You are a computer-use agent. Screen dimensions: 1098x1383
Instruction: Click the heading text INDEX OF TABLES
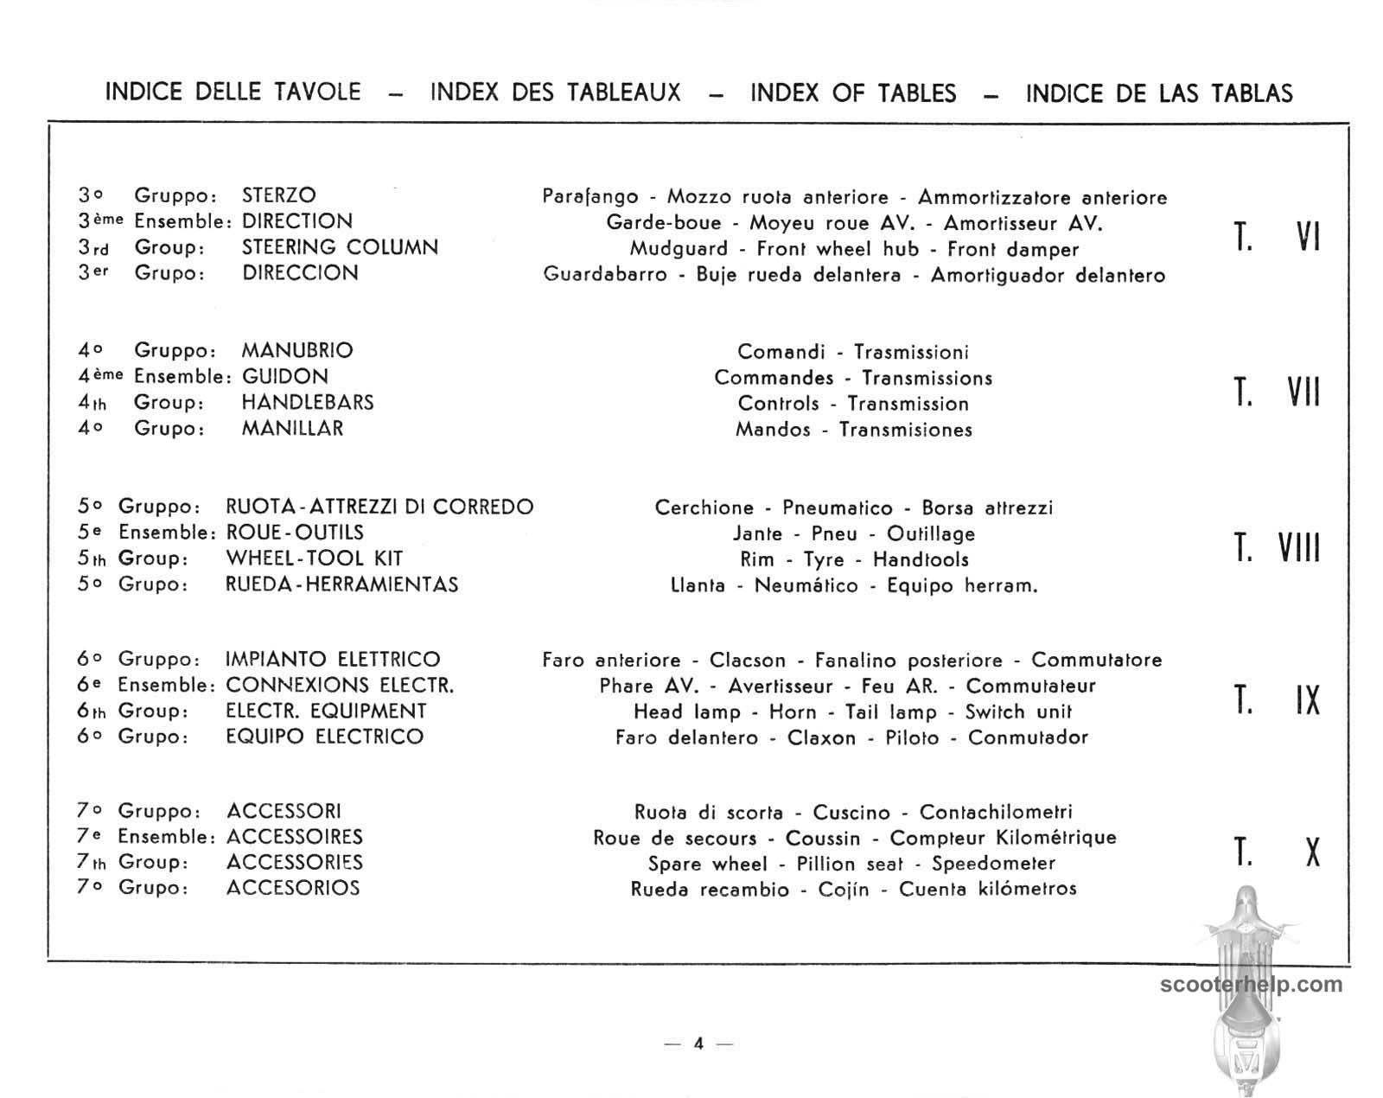click(x=853, y=93)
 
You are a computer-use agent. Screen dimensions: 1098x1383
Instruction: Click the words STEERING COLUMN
click(x=340, y=247)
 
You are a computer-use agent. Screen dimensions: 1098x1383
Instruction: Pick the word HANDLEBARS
click(x=308, y=403)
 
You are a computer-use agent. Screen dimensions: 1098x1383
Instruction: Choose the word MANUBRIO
click(x=297, y=351)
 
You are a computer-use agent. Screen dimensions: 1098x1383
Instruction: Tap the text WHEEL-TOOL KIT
click(x=315, y=559)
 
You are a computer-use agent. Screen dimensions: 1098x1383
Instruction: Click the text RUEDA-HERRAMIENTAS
click(x=341, y=584)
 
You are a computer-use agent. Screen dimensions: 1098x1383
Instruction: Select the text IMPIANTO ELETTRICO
click(x=333, y=660)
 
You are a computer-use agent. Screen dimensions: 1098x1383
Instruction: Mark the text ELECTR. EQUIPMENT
click(x=326, y=712)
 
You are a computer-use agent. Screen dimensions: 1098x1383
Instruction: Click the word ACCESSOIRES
click(x=295, y=837)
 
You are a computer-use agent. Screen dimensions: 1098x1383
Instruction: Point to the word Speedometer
click(x=993, y=864)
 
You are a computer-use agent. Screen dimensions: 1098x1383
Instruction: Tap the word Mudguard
click(x=679, y=250)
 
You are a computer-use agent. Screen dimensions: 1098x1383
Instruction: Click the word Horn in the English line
click(x=793, y=712)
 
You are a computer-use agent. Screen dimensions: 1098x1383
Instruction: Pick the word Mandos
click(x=773, y=430)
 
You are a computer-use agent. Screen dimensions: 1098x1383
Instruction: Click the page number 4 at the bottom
click(x=698, y=1044)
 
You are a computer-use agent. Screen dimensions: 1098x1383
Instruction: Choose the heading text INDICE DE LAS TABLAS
click(x=1159, y=93)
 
